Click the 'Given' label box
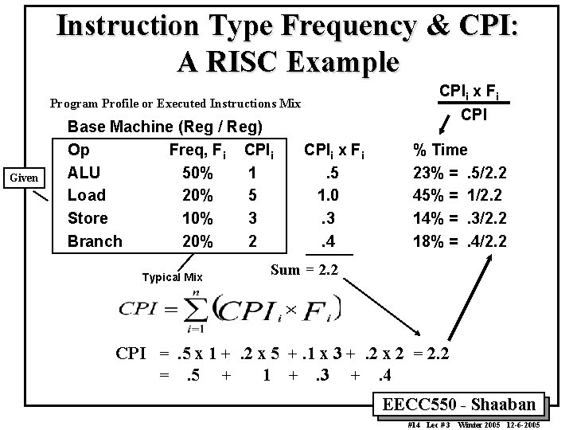coord(23,178)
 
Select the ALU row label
coord(84,173)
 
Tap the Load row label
coord(87,195)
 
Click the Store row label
coord(88,218)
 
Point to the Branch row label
coord(95,241)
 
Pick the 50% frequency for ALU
coord(197,173)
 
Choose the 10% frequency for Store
coord(197,218)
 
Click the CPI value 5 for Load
coord(251,195)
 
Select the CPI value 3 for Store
coord(251,218)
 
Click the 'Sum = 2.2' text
coord(305,270)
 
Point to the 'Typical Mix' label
coord(172,278)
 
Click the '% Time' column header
coord(439,150)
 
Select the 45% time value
coord(428,195)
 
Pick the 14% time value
coord(428,218)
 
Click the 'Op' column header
coord(79,150)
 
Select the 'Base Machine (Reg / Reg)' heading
coord(165,127)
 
